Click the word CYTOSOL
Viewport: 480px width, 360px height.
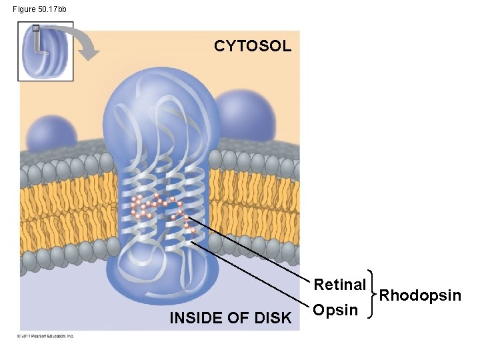point(253,46)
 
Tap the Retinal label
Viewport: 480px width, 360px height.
point(339,285)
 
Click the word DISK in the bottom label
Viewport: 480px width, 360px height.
point(274,319)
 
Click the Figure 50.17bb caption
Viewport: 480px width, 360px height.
point(39,9)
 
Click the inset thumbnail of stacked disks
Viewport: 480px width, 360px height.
point(45,51)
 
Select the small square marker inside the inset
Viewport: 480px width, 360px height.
point(35,29)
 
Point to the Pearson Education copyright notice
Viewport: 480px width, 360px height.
point(45,336)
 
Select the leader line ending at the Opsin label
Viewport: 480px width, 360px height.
point(253,277)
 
